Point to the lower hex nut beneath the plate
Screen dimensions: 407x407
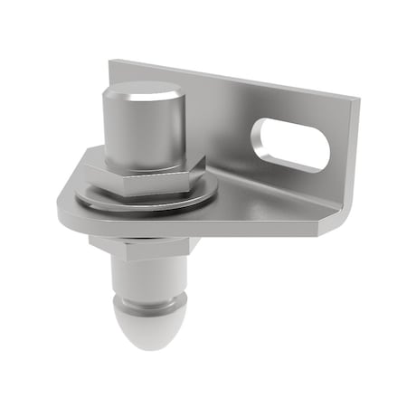coord(145,246)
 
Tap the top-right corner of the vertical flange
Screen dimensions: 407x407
coord(355,98)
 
